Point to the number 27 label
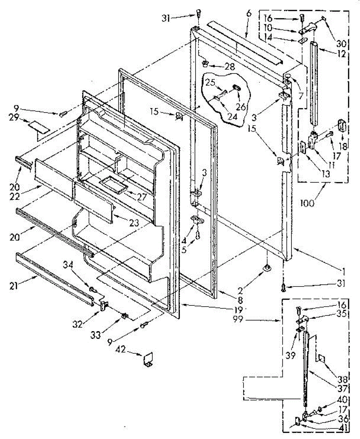pyautogui.click(x=141, y=197)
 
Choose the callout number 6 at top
pyautogui.click(x=249, y=14)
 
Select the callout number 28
pyautogui.click(x=230, y=67)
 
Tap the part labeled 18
pyautogui.click(x=343, y=125)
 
